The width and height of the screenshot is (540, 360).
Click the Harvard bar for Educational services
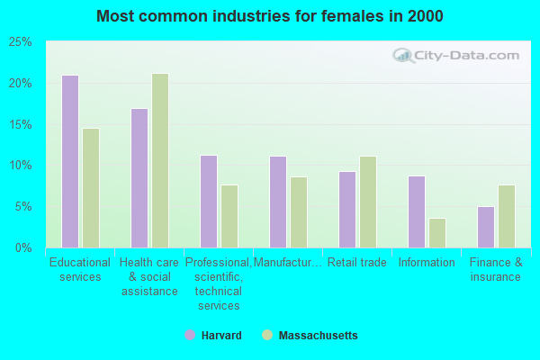coord(69,161)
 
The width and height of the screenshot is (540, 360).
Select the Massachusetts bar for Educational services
coord(91,188)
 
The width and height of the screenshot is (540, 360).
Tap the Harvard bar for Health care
coord(139,178)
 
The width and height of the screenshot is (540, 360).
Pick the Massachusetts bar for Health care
coord(160,160)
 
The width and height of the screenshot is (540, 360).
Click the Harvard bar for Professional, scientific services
coord(208,202)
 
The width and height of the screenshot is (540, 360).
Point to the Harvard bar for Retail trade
coord(346,210)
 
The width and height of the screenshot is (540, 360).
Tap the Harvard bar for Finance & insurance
coord(485,227)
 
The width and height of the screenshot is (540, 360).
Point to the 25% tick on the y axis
coord(21,42)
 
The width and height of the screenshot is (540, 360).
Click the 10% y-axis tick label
coord(21,166)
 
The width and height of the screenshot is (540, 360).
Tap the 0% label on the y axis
coord(23,247)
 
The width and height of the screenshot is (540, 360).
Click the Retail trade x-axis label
coord(356,263)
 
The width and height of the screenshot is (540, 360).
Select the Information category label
coord(427,263)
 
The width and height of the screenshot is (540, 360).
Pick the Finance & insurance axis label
coord(495,270)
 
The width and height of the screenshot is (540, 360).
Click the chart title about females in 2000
coord(270,16)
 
